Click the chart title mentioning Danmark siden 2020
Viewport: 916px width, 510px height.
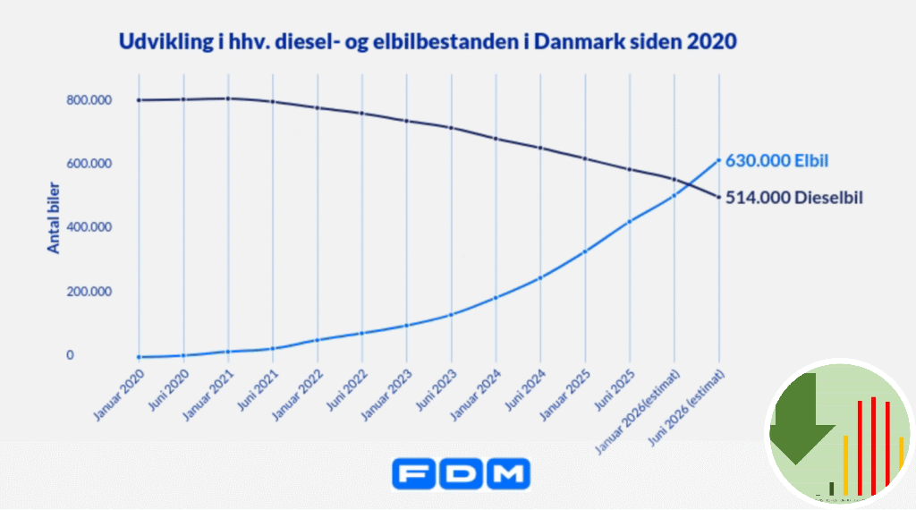coord(428,42)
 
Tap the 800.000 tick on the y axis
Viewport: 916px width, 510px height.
coord(88,100)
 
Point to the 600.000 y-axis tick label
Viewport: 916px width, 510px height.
coord(88,164)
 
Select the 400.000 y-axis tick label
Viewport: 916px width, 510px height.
coord(88,227)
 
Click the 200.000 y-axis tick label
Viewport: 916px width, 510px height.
coord(88,292)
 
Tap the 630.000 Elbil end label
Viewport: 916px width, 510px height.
coord(776,162)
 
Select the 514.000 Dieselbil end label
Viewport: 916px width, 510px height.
coord(793,198)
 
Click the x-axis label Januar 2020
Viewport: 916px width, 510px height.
coord(119,393)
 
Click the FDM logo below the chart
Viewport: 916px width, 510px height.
coord(461,473)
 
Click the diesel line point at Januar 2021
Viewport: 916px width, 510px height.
coord(228,98)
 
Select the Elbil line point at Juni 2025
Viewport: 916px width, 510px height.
coord(631,221)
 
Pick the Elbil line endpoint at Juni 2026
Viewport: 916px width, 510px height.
coord(719,161)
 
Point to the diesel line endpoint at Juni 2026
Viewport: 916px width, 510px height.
coord(719,198)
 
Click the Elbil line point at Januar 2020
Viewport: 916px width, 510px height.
coord(139,357)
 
